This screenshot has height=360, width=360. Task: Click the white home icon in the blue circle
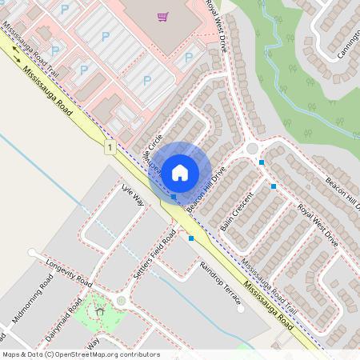[x=180, y=172]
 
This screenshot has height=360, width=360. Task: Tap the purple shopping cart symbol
[x=163, y=16]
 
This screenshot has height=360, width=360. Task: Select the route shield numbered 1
[x=109, y=146]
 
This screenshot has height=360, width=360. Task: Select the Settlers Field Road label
[x=154, y=254]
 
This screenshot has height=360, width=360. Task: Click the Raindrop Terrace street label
[x=220, y=282]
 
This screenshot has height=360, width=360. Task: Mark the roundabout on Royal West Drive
[x=252, y=148]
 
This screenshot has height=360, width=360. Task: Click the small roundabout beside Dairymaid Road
[x=122, y=301]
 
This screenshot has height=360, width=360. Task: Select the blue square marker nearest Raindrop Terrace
[x=190, y=238]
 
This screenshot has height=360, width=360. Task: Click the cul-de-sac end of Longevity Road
[x=31, y=253]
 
